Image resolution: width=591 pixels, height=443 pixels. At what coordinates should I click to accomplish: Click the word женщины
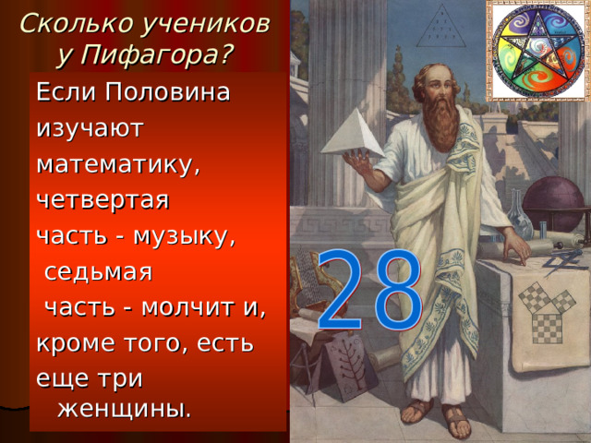[125, 406]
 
